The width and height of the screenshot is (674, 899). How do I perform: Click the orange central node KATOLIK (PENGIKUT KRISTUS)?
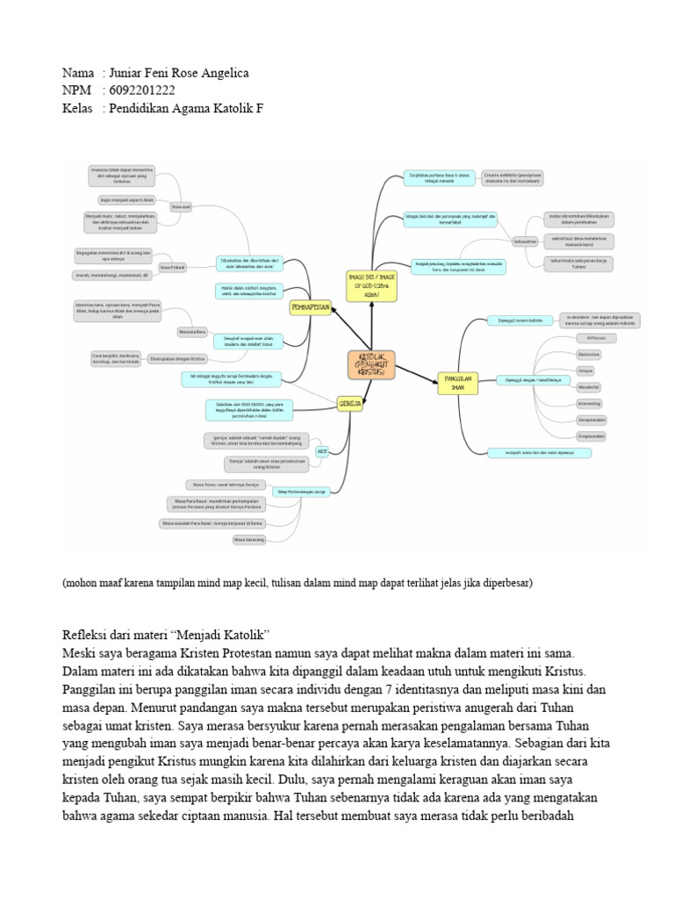[x=371, y=363]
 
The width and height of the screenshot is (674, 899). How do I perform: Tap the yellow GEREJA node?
[x=348, y=403]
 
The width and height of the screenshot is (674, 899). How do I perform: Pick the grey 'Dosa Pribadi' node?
[x=172, y=264]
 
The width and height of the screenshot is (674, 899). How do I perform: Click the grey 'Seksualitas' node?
[x=525, y=240]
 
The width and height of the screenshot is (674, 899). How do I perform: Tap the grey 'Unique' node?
[x=586, y=370]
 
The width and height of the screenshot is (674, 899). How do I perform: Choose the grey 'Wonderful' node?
[x=589, y=386]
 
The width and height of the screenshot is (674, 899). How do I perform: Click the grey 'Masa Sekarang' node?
[x=248, y=540]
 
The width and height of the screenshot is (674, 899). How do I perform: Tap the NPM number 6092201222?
[x=141, y=90]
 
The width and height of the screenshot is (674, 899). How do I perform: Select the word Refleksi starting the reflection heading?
[x=86, y=634]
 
